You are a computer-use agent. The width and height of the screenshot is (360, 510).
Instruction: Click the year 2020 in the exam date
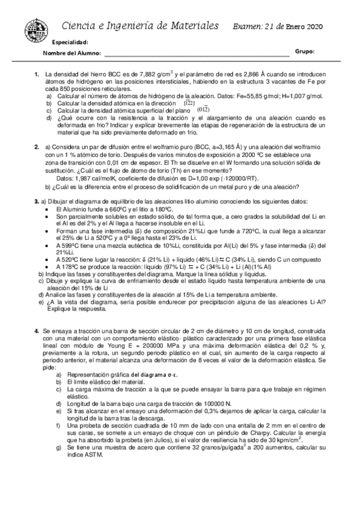coord(314,26)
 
